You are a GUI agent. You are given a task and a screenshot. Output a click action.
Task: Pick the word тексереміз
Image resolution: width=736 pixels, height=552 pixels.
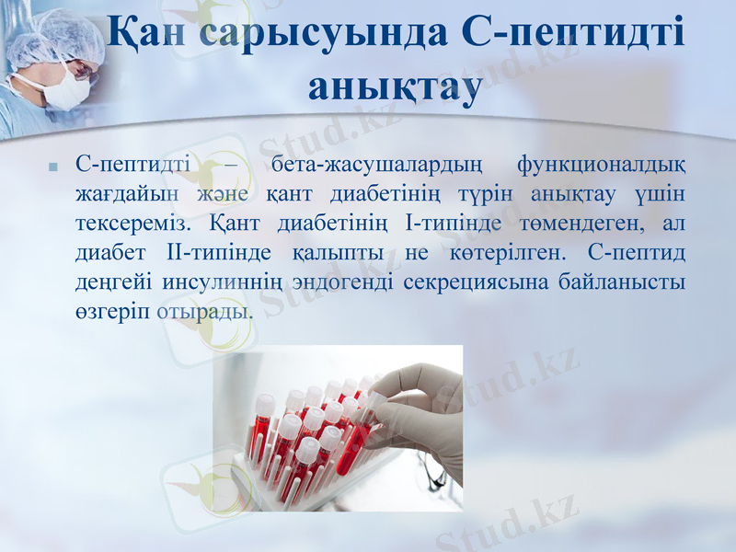132,224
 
